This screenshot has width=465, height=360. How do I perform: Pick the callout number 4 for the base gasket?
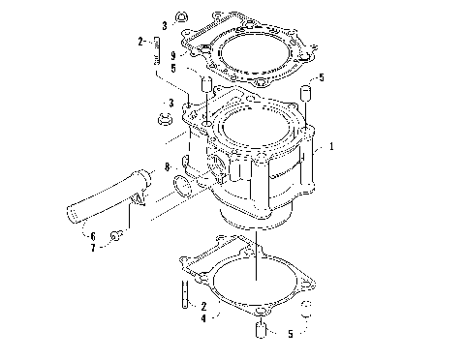coord(201,317)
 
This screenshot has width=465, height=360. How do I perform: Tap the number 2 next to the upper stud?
coord(140,41)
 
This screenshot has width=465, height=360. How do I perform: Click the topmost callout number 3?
coord(165,23)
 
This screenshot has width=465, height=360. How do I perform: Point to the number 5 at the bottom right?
coord(290,334)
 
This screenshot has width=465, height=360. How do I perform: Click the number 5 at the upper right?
coord(321,76)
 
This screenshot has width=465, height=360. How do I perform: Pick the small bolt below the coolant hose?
coord(116,236)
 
